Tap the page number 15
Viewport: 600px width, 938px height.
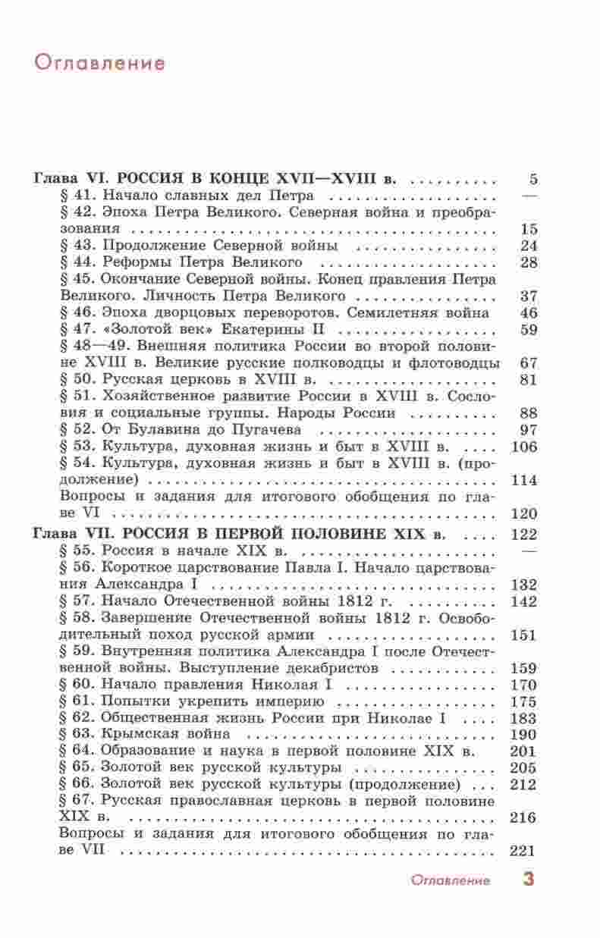pyautogui.click(x=529, y=228)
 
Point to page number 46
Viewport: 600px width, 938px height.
pyautogui.click(x=529, y=312)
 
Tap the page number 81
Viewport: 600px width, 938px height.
pyautogui.click(x=529, y=379)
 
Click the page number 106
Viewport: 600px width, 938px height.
pyautogui.click(x=525, y=446)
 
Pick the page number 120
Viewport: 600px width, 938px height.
pyautogui.click(x=525, y=513)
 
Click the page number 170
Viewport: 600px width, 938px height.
pyautogui.click(x=525, y=685)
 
